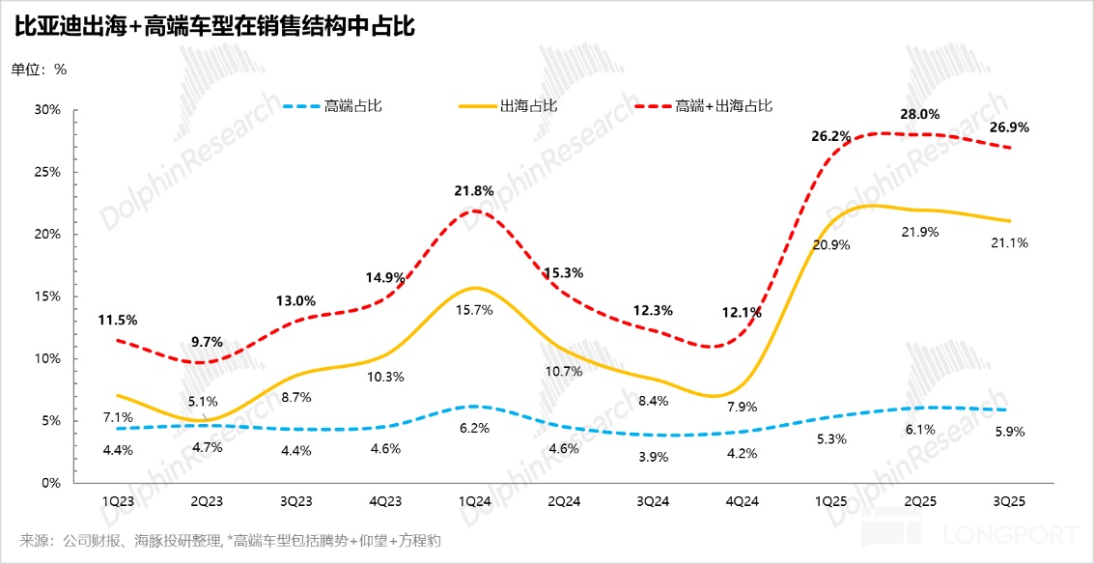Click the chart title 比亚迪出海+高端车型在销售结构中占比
click(x=214, y=26)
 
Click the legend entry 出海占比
click(x=528, y=106)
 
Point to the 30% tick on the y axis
click(x=47, y=110)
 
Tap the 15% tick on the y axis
click(x=47, y=296)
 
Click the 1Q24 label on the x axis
click(x=474, y=502)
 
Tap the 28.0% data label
click(x=920, y=114)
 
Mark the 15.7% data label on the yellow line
click(x=474, y=309)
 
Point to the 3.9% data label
click(x=653, y=457)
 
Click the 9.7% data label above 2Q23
click(x=207, y=341)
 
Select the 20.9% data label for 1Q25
click(x=831, y=244)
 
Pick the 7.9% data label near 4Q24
click(x=742, y=407)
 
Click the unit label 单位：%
click(x=39, y=70)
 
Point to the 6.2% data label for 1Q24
click(x=474, y=428)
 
